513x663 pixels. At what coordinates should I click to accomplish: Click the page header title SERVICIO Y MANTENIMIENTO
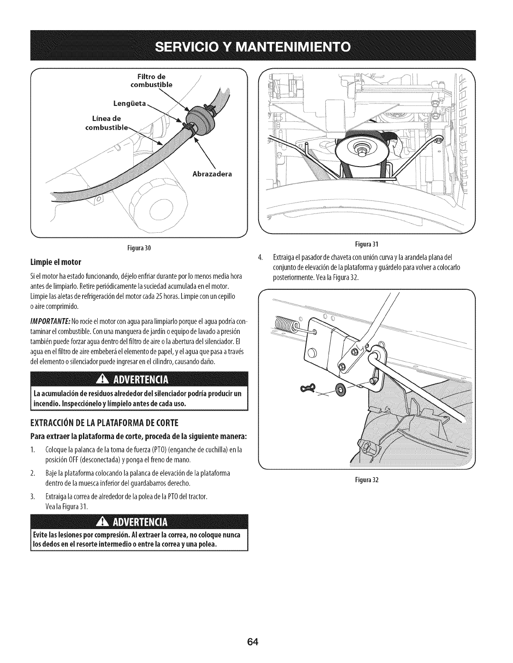click(x=256, y=46)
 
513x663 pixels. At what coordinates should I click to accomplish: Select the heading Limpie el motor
click(x=55, y=262)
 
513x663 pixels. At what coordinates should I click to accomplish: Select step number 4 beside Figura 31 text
click(x=261, y=257)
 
